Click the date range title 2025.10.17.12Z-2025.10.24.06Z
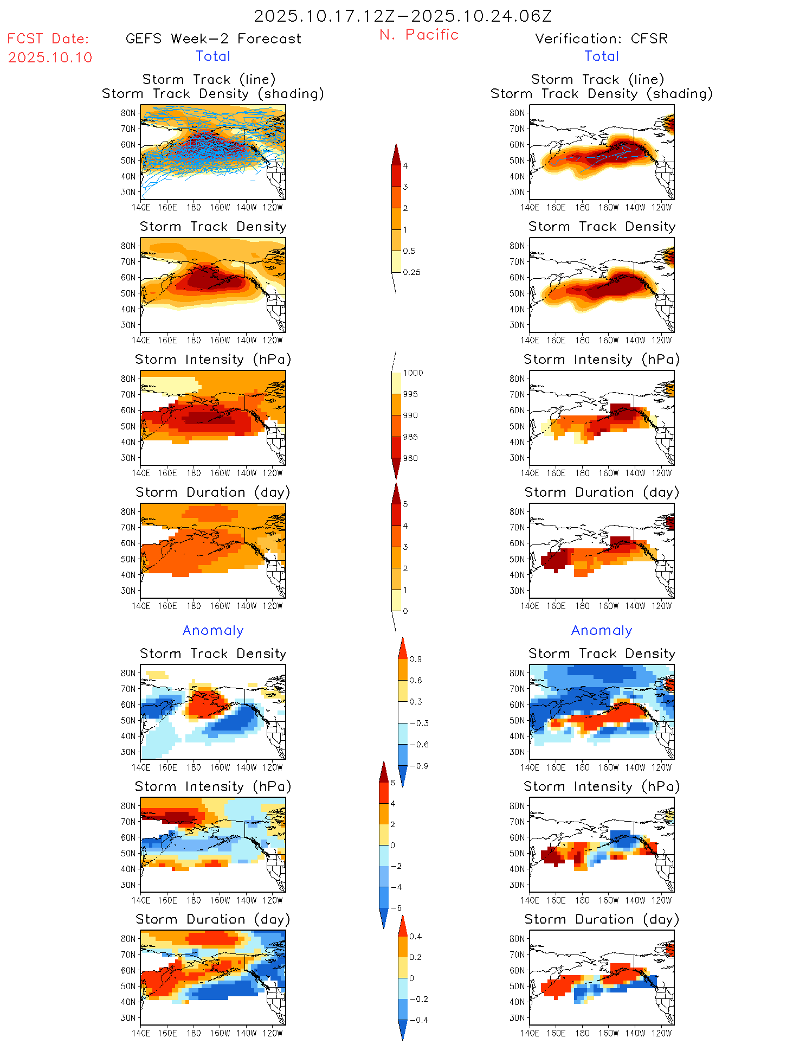click(x=403, y=16)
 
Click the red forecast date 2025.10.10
click(x=50, y=57)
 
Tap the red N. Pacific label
click(x=419, y=35)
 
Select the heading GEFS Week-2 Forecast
click(x=213, y=39)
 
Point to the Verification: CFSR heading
click(x=601, y=39)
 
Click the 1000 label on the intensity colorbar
click(x=413, y=373)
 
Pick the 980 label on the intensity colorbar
click(x=410, y=458)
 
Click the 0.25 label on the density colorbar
click(x=411, y=272)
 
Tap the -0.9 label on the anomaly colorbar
click(x=418, y=766)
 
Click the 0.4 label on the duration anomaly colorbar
click(x=415, y=936)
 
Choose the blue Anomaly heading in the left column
click(x=213, y=631)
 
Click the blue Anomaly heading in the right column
click(x=602, y=631)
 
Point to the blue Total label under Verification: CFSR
click(x=602, y=56)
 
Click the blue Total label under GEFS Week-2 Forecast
click(x=213, y=56)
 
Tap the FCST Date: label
click(x=48, y=39)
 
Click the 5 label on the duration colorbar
click(x=405, y=504)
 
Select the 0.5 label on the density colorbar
click(x=409, y=251)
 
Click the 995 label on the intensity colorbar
click(x=410, y=394)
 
